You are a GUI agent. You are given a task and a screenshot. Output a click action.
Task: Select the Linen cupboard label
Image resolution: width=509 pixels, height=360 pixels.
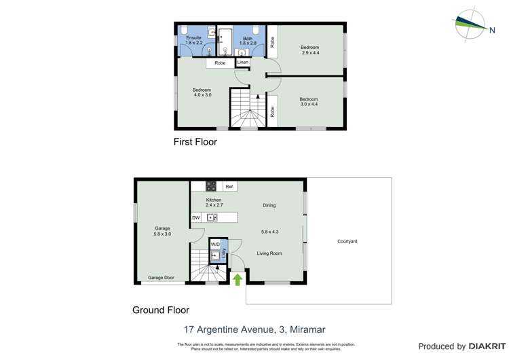click(243, 62)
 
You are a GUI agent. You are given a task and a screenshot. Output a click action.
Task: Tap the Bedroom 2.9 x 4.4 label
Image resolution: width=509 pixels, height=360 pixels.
click(309, 50)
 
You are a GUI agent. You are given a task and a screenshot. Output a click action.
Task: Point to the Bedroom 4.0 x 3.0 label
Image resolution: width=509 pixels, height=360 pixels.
click(202, 92)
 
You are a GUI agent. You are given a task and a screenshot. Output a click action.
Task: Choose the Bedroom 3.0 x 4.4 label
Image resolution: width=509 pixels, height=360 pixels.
click(308, 102)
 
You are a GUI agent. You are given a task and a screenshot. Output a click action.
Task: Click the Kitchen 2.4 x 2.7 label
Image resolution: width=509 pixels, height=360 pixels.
click(214, 202)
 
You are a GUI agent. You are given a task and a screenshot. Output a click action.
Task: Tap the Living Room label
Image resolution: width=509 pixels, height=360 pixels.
click(269, 253)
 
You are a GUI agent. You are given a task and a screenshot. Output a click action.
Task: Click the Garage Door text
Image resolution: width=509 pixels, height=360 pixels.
click(162, 278)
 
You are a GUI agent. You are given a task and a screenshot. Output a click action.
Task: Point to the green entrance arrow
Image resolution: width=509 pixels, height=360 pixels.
click(238, 279)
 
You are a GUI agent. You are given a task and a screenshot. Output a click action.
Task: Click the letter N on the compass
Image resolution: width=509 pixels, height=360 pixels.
click(491, 29)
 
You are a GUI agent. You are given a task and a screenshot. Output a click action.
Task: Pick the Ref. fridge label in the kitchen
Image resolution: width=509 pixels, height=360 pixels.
click(230, 187)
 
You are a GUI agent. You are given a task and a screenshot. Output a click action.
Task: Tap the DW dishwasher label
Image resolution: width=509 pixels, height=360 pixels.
click(196, 218)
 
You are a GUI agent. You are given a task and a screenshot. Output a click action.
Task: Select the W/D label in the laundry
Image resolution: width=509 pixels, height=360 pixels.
click(214, 244)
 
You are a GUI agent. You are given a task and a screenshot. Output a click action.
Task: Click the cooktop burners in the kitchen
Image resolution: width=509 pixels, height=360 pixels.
click(211, 186)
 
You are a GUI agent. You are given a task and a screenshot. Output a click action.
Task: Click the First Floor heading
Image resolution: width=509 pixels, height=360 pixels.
click(195, 143)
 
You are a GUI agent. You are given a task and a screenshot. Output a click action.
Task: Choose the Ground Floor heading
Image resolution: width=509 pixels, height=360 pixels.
click(160, 310)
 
